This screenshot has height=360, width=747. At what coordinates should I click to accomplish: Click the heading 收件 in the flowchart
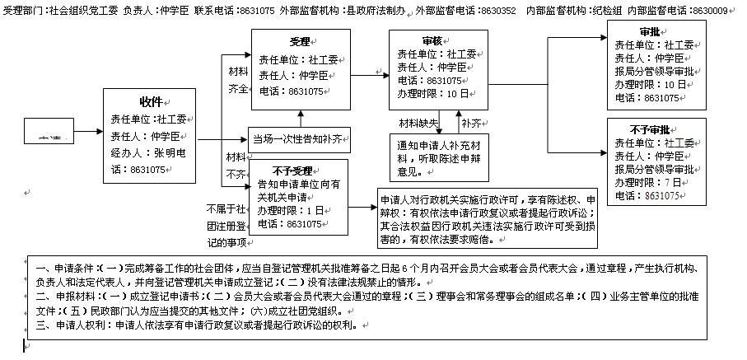(x=151, y=101)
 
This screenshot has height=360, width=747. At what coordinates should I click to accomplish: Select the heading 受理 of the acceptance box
(x=300, y=41)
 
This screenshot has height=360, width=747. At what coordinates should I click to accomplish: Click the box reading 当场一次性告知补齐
(x=297, y=139)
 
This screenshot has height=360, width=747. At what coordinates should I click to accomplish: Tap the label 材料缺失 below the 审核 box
(x=418, y=124)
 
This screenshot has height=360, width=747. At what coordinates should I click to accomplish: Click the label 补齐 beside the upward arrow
(x=472, y=124)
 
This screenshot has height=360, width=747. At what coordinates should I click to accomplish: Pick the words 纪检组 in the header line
(x=602, y=10)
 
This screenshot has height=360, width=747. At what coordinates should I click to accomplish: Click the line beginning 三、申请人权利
(x=197, y=325)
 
